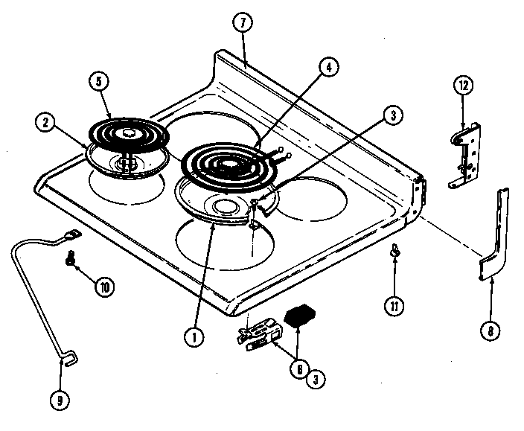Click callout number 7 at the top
click(241, 22)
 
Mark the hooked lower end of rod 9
click(66, 361)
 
